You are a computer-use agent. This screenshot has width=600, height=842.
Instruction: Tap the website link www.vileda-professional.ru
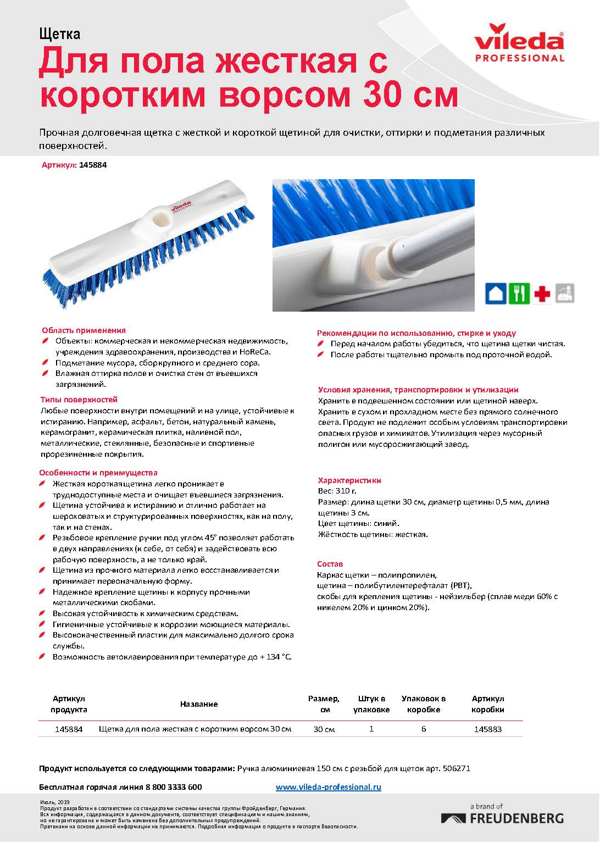(x=328, y=787)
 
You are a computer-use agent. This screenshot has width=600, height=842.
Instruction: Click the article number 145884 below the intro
(x=93, y=164)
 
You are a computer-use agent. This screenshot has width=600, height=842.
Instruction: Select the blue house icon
(x=496, y=293)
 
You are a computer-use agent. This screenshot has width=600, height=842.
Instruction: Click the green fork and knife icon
(x=519, y=293)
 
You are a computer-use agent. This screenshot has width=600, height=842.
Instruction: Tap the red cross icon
(x=542, y=293)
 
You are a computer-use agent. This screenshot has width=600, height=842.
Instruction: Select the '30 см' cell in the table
(x=324, y=729)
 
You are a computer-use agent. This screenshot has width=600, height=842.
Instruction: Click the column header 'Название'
(x=199, y=704)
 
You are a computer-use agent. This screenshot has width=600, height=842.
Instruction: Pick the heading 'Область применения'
(x=84, y=330)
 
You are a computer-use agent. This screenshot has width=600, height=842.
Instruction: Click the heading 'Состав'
(x=330, y=564)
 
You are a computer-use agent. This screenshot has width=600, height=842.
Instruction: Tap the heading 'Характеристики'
(x=349, y=480)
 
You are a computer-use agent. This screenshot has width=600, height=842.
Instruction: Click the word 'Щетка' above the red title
(x=60, y=34)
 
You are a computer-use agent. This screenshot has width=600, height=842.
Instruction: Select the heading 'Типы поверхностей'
(x=79, y=400)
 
